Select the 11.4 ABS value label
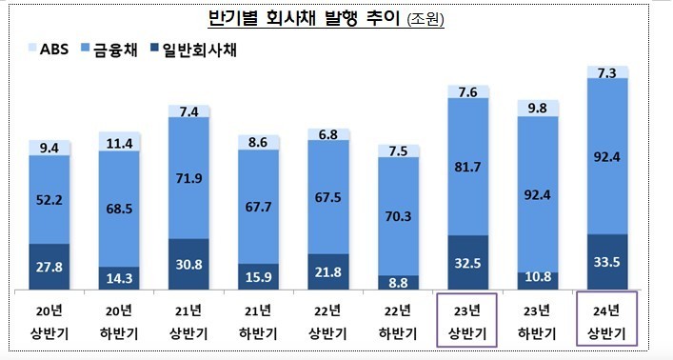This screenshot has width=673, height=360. click(119, 144)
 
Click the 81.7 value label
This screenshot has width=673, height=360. click(467, 168)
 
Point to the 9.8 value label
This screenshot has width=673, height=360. click(538, 107)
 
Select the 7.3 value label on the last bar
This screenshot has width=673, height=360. click(607, 72)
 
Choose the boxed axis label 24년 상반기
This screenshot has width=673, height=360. click(607, 323)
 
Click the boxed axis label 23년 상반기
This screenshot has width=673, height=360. click(467, 323)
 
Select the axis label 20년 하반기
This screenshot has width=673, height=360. click(119, 323)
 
